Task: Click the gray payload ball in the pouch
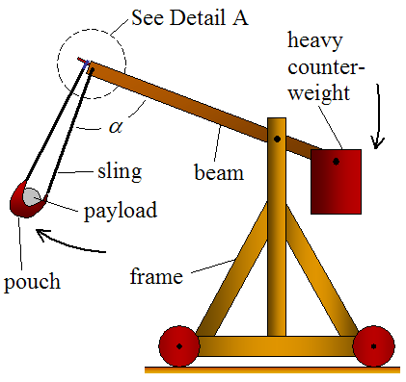tap(33, 196)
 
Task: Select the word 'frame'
tap(156, 279)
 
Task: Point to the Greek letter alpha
tap(117, 125)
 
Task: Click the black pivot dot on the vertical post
tap(277, 140)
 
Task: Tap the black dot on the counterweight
tap(336, 161)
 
